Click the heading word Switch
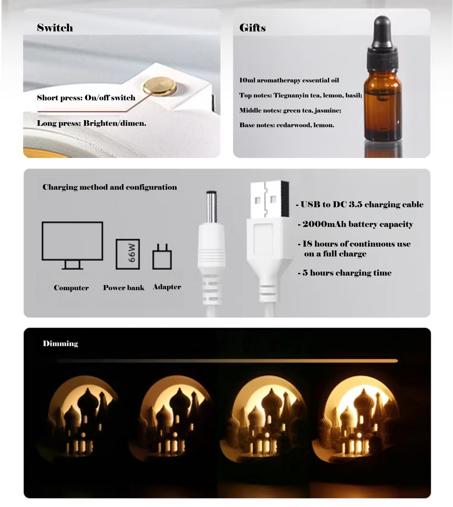tap(55, 28)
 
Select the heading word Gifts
tap(252, 28)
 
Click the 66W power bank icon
tap(127, 254)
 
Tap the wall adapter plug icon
tap(162, 257)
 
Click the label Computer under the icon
tap(71, 288)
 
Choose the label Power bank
tap(124, 288)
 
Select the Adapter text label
tap(167, 287)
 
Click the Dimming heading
tap(61, 344)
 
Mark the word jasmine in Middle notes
tap(327, 110)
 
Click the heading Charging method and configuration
tap(110, 187)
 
